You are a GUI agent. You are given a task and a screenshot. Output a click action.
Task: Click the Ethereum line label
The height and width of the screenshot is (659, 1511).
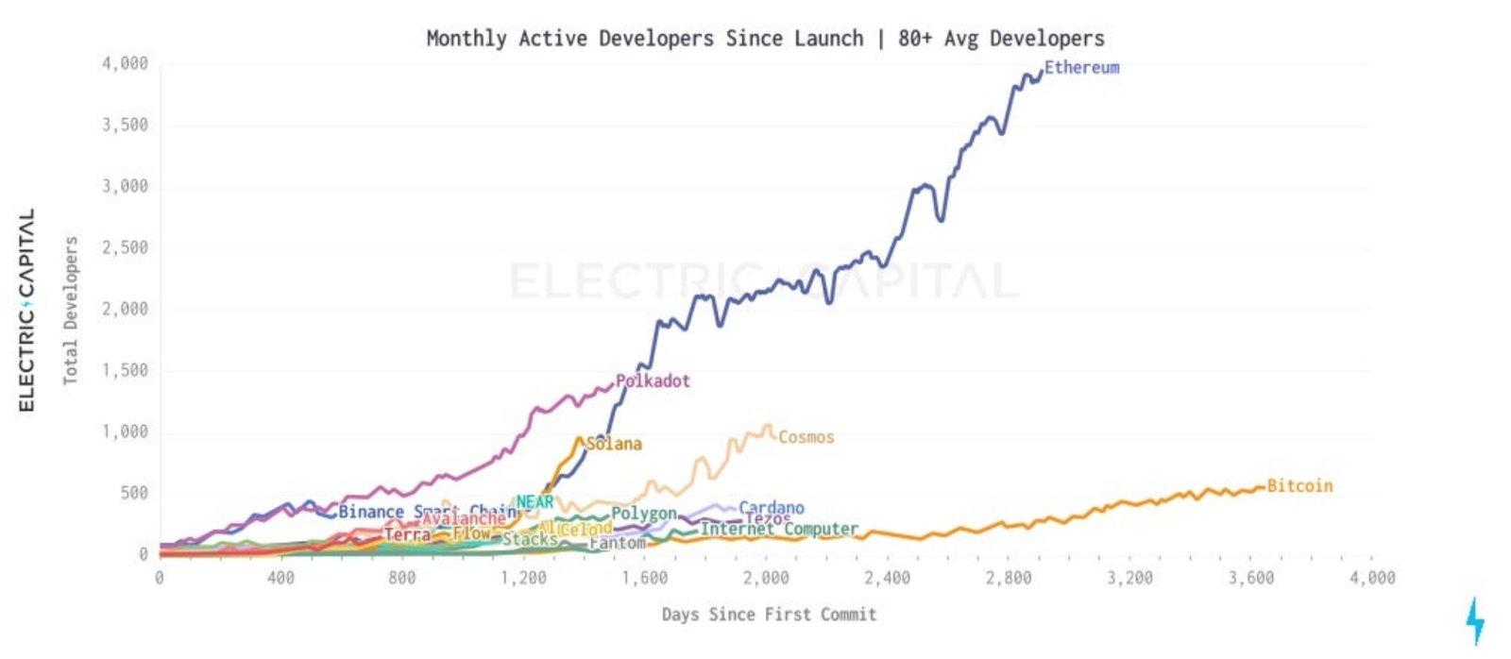pos(1081,68)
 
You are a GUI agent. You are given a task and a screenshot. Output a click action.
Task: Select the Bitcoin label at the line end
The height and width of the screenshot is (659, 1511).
pos(1299,486)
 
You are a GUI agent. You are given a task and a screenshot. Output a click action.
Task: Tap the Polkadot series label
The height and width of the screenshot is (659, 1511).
pos(653,381)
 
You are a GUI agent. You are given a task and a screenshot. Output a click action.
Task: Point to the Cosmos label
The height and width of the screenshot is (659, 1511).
pos(806,437)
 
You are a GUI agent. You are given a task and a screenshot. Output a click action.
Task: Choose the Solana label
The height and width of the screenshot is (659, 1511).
pos(614,444)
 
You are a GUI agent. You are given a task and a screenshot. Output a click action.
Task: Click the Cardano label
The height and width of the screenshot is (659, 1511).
pos(772,508)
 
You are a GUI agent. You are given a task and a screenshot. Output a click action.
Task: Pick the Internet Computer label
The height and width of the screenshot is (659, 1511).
pos(779,530)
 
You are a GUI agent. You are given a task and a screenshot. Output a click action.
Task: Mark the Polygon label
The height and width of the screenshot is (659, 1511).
pos(644,514)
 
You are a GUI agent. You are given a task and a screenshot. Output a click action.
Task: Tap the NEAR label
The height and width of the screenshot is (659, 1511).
pos(535,502)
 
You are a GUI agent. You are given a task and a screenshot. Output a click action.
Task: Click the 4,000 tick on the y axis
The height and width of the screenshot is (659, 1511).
pos(126,64)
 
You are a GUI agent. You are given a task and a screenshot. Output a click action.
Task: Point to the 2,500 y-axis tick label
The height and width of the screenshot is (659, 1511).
pos(126,248)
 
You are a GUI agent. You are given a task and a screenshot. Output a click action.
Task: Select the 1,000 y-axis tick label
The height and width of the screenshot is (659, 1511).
pos(126,432)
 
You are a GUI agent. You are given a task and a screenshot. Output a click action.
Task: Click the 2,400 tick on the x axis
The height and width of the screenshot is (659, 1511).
pos(887,578)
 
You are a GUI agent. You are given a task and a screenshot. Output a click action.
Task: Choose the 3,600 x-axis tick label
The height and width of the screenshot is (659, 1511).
pos(1251,578)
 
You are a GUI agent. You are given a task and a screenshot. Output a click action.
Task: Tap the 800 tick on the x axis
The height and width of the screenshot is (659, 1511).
pos(401,578)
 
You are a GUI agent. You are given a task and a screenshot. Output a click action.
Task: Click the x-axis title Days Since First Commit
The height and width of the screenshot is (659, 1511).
pos(769,615)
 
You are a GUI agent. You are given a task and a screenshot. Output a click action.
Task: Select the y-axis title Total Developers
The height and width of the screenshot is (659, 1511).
pos(71,311)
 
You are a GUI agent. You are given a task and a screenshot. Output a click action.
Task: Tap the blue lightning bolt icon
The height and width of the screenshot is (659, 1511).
pos(1475,621)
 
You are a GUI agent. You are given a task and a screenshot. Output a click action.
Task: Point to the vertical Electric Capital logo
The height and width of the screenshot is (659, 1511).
pos(26,310)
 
